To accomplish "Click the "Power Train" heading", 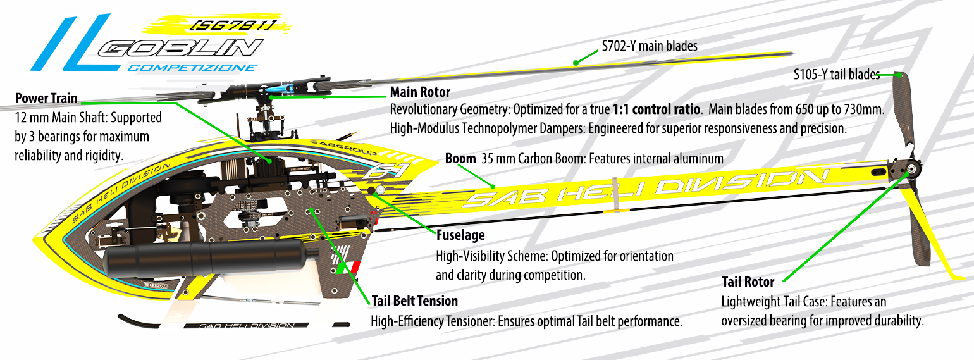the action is tap(46, 98).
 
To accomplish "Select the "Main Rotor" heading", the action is tap(420, 92).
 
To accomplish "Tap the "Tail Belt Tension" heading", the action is tap(414, 301).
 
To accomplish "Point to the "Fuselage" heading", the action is tap(460, 235).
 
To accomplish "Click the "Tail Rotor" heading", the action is tap(748, 282).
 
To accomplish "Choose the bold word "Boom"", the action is tap(460, 159).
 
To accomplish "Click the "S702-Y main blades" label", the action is tap(650, 46).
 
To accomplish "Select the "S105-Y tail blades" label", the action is tap(837, 75).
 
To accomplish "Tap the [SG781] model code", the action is tap(233, 25).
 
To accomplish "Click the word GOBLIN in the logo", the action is tap(181, 48).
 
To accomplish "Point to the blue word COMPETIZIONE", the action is tap(193, 68).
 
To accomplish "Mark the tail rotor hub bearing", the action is tap(910, 169).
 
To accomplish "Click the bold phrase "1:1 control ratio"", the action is tap(656, 109).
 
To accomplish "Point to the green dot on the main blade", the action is tap(576, 63).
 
